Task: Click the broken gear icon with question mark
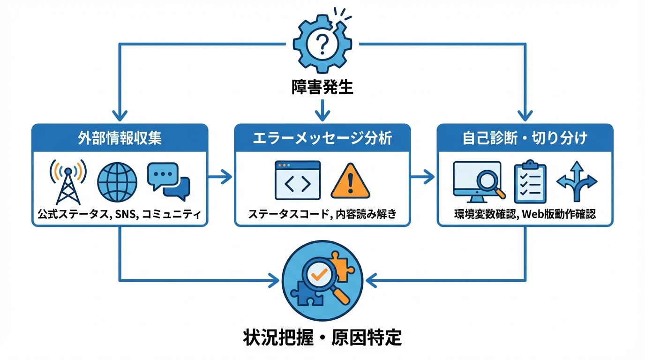pos(322,45)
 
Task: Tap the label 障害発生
pos(322,87)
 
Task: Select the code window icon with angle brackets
pos(298,181)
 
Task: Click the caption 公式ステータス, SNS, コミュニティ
pos(120,215)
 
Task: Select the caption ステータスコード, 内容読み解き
pos(322,215)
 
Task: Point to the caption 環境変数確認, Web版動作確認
pos(525,215)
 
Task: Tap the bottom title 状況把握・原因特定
pos(322,337)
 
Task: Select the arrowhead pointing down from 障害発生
pos(322,115)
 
